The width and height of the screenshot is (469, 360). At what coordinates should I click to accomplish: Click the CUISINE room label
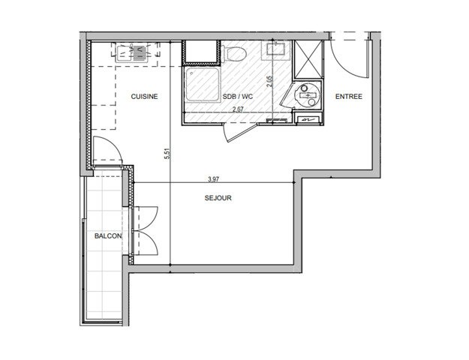(x=144, y=96)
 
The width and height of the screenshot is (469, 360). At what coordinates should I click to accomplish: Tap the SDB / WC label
(x=237, y=96)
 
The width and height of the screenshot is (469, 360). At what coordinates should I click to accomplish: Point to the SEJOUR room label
(x=218, y=199)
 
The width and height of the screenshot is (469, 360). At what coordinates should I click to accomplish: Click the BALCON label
(x=104, y=236)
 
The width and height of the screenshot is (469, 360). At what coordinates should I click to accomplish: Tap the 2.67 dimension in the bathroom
(x=238, y=109)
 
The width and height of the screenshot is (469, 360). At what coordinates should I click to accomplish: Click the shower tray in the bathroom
(x=203, y=88)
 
